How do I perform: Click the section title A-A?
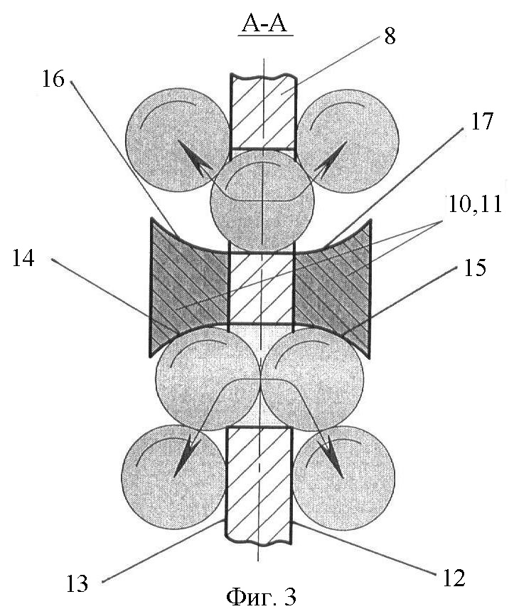click(x=264, y=24)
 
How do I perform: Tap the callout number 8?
click(x=390, y=36)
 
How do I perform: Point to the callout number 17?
click(x=481, y=121)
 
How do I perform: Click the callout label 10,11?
click(x=474, y=204)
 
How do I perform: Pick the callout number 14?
click(x=23, y=258)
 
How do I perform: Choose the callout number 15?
click(x=474, y=268)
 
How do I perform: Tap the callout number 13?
click(x=77, y=583)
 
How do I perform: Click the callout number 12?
click(x=454, y=578)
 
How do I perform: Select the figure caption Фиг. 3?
click(x=261, y=598)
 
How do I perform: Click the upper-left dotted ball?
click(x=178, y=141)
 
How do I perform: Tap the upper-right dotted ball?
click(x=348, y=141)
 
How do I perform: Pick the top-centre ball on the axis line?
click(x=262, y=202)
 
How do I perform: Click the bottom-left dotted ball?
click(x=173, y=477)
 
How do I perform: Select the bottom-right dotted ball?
click(x=343, y=477)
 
